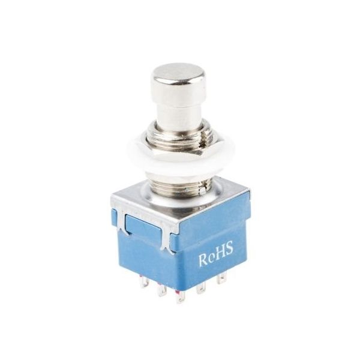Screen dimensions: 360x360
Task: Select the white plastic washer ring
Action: (181, 159)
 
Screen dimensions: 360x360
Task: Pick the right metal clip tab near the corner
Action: (167, 239)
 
